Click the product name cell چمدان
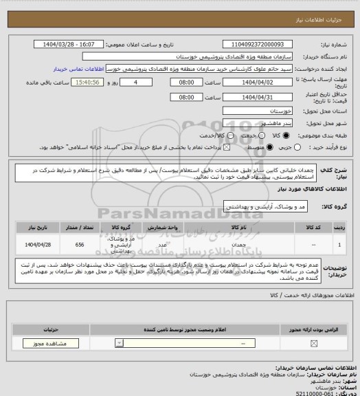pos(240,243)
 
